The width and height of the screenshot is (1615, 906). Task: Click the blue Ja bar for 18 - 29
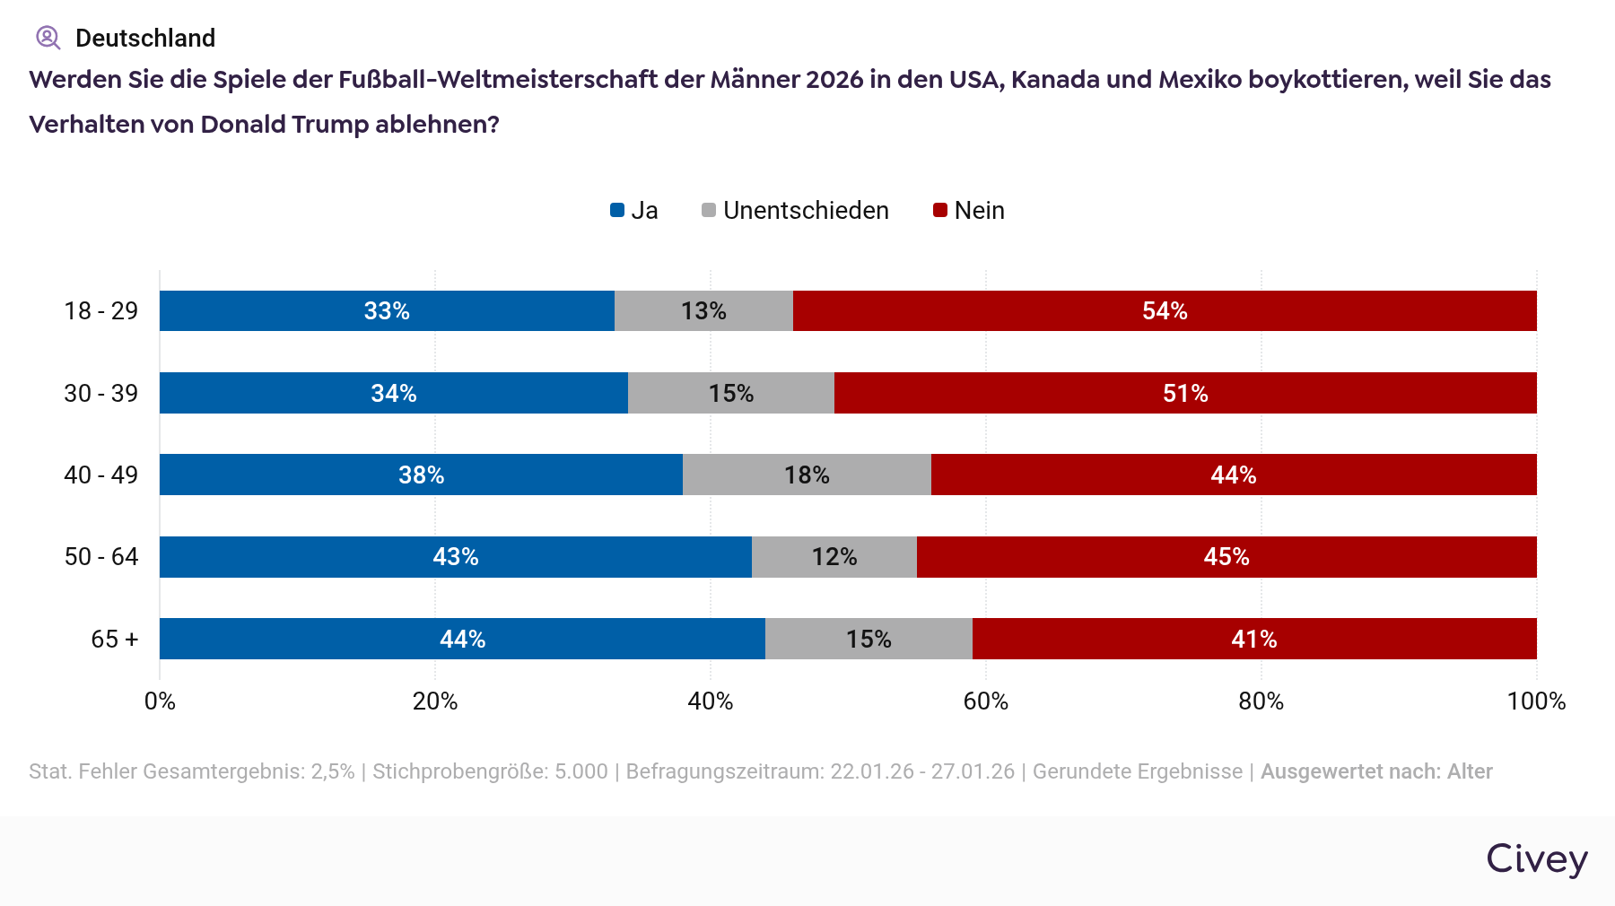pyautogui.click(x=387, y=311)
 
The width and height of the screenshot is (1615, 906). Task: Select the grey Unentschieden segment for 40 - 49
pyautogui.click(x=807, y=475)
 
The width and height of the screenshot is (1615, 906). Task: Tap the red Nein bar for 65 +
pyautogui.click(x=1253, y=639)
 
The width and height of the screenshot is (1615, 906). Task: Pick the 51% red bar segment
pyautogui.click(x=1185, y=393)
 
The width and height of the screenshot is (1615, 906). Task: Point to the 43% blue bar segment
pyautogui.click(x=455, y=557)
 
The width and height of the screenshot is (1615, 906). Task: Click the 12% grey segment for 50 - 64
pyautogui.click(x=834, y=557)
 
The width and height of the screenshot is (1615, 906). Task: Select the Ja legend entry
pyautogui.click(x=634, y=211)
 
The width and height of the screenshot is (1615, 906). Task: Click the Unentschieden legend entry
pyautogui.click(x=795, y=211)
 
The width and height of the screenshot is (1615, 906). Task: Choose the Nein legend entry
pyautogui.click(x=969, y=211)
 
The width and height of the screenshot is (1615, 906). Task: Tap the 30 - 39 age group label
pyautogui.click(x=100, y=393)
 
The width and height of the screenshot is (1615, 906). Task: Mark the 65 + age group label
pyautogui.click(x=114, y=639)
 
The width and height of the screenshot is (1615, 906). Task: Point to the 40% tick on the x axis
pyautogui.click(x=710, y=701)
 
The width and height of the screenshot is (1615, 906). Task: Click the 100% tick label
pyautogui.click(x=1535, y=701)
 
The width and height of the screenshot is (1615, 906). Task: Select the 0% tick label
pyautogui.click(x=160, y=701)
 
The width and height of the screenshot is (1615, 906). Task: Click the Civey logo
pyautogui.click(x=1536, y=859)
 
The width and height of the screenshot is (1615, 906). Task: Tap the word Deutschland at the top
pyautogui.click(x=145, y=38)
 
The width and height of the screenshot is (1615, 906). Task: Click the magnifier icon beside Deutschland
pyautogui.click(x=48, y=38)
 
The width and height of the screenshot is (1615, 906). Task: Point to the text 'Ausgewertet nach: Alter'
pyautogui.click(x=1375, y=771)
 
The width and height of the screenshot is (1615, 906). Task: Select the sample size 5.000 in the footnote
pyautogui.click(x=581, y=771)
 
